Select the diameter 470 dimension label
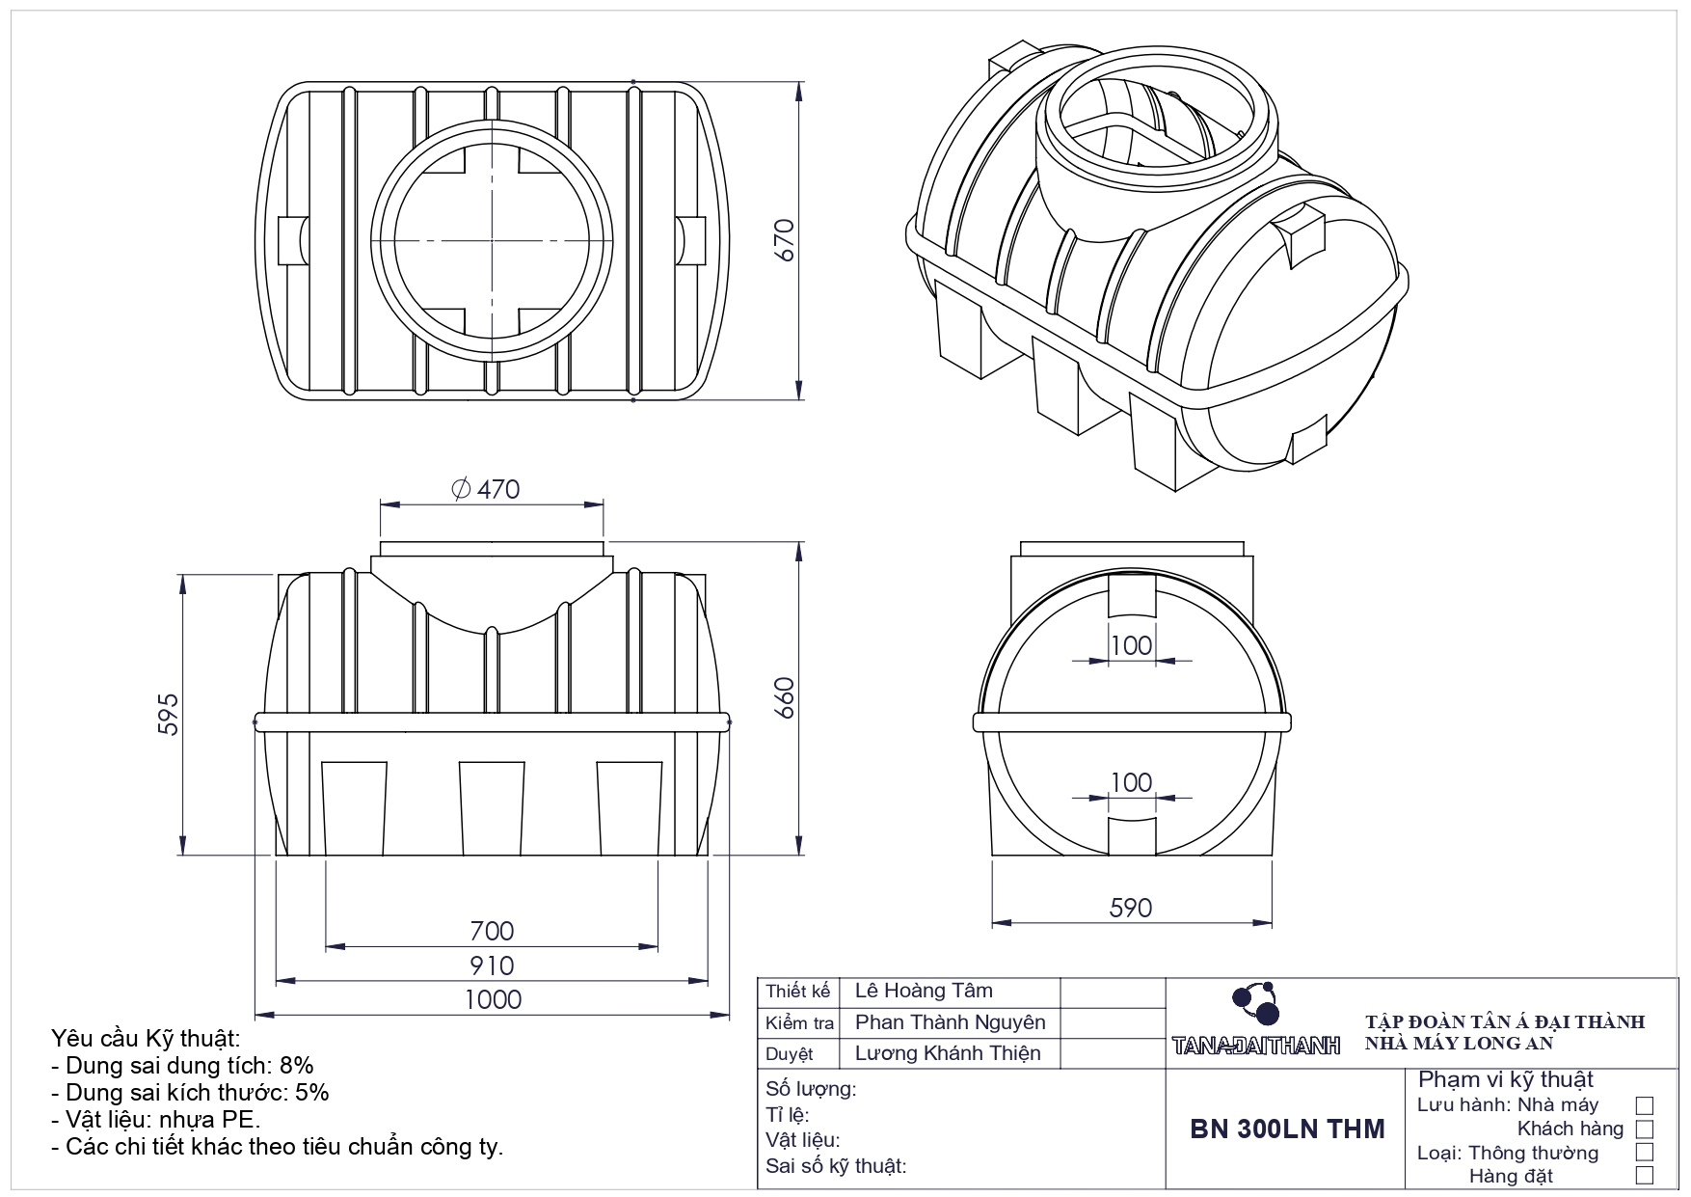coord(487,489)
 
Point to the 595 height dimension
coord(168,714)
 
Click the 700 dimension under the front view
coord(492,931)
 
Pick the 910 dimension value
coord(492,966)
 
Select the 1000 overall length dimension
coord(493,999)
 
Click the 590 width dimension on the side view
coord(1130,908)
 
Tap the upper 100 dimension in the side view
coord(1131,644)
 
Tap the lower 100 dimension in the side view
coord(1131,781)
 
